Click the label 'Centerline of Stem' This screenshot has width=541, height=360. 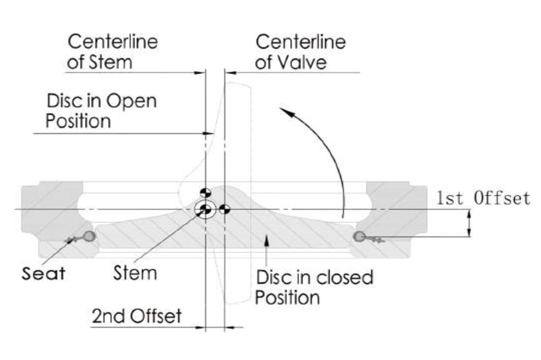[x=113, y=52]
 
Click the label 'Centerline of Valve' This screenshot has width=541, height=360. [x=300, y=52]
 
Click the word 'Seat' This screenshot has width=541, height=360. [x=43, y=273]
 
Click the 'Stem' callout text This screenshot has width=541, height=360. [x=135, y=273]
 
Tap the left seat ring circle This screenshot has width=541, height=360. [x=90, y=236]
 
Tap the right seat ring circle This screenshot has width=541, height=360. [x=359, y=236]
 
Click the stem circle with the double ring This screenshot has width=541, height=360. [x=204, y=210]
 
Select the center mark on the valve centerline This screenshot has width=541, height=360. [x=224, y=210]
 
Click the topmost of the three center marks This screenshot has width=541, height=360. [x=205, y=192]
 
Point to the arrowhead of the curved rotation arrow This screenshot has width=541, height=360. [x=285, y=110]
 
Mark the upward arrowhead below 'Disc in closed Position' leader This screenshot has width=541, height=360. [x=268, y=241]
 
